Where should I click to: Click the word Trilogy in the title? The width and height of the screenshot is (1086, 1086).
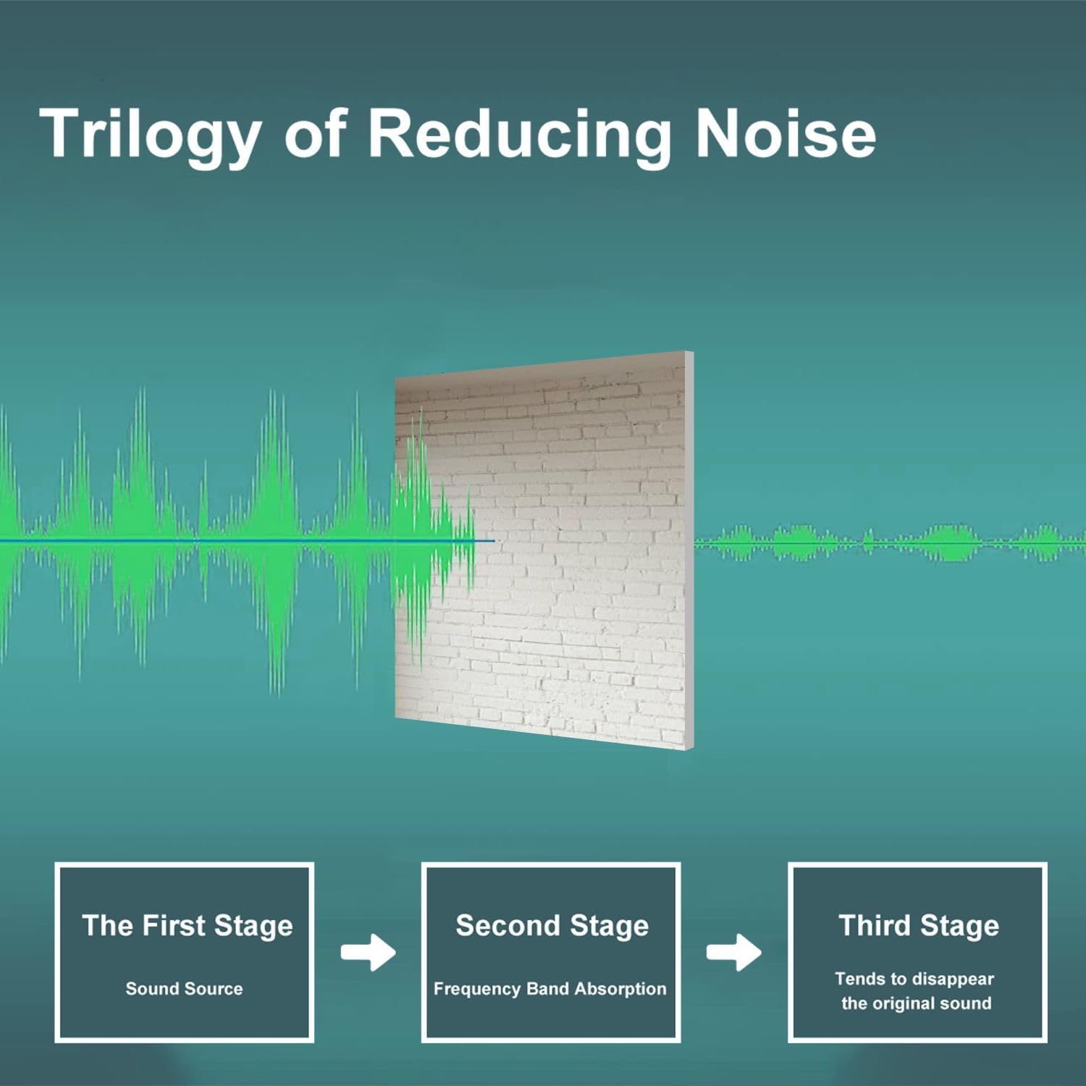pyautogui.click(x=150, y=134)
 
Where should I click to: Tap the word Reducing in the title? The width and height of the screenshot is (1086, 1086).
pyautogui.click(x=519, y=134)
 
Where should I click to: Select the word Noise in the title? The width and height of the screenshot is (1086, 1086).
pyautogui.click(x=785, y=134)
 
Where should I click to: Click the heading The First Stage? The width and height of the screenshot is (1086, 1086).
pyautogui.click(x=187, y=925)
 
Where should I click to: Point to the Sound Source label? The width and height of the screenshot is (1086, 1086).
pyautogui.click(x=184, y=988)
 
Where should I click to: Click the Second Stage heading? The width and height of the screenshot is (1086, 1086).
pyautogui.click(x=552, y=925)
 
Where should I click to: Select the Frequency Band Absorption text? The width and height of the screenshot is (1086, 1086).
pyautogui.click(x=550, y=988)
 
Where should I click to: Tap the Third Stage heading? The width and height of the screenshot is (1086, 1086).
pyautogui.click(x=918, y=925)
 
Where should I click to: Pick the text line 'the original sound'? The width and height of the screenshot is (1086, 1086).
pyautogui.click(x=916, y=1003)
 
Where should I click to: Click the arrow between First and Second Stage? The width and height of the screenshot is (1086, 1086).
pyautogui.click(x=368, y=952)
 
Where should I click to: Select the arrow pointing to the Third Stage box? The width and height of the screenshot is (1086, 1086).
pyautogui.click(x=733, y=952)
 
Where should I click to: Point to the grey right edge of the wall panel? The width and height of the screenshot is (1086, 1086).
pyautogui.click(x=689, y=550)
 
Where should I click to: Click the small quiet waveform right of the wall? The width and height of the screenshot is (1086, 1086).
pyautogui.click(x=891, y=542)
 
